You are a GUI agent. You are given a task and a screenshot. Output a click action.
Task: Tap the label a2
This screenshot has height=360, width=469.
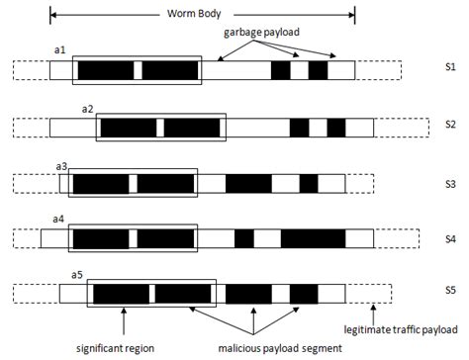(87, 107)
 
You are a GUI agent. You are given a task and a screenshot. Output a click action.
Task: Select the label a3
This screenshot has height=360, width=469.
(62, 165)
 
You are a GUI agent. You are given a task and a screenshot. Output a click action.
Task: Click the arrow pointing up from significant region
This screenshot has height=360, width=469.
(124, 323)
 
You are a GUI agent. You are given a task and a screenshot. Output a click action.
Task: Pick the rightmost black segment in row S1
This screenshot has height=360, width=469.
(318, 71)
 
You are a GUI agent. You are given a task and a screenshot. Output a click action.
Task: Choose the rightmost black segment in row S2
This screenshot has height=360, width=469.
(336, 128)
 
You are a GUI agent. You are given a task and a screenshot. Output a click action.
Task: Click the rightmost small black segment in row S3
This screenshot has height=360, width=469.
(309, 183)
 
